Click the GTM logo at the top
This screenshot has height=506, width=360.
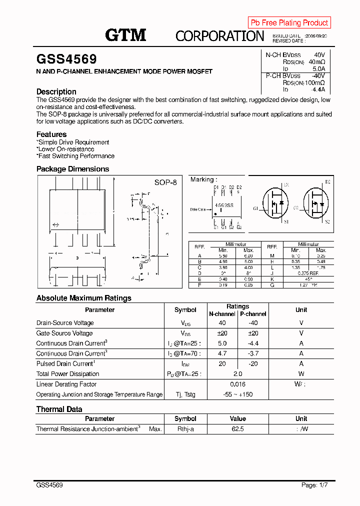pos(125,34)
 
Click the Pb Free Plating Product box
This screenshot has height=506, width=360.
pos(289,22)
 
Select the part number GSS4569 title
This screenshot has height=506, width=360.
pos(66,59)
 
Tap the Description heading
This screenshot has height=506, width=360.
pos(56,91)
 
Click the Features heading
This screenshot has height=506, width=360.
pos(51,134)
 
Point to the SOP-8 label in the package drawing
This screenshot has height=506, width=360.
pos(165,182)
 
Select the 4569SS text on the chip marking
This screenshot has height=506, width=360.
pos(224,205)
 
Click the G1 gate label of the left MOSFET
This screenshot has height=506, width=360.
pos(256,208)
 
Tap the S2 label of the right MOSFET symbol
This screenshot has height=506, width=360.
pos(327,221)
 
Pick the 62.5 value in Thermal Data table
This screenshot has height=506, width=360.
pos(237,429)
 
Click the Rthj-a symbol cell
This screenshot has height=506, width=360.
pos(185,429)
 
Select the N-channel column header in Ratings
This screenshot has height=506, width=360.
pos(222,314)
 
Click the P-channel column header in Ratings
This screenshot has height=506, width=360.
pos(253,314)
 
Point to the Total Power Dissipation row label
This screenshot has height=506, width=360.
pos(68,374)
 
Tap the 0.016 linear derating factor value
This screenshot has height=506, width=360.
pos(237,384)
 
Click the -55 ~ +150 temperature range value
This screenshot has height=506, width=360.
pos(237,394)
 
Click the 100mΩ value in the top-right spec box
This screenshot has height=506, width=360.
pos(315,82)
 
